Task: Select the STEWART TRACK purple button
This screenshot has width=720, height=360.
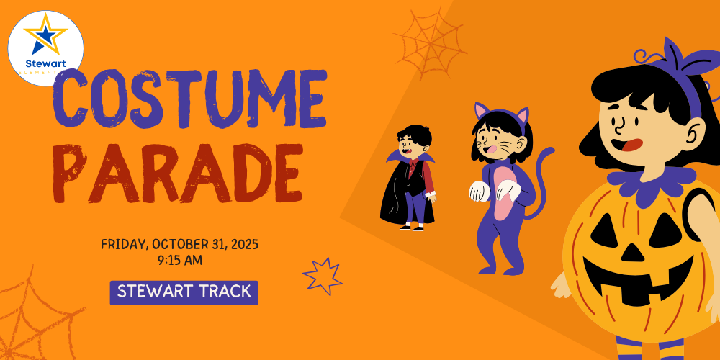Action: [x=184, y=292]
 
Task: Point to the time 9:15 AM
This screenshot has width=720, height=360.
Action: [x=179, y=260]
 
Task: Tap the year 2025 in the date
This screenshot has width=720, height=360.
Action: [x=243, y=244]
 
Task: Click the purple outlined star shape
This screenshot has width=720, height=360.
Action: [x=322, y=276]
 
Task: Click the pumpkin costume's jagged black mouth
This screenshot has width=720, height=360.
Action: [x=634, y=284]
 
